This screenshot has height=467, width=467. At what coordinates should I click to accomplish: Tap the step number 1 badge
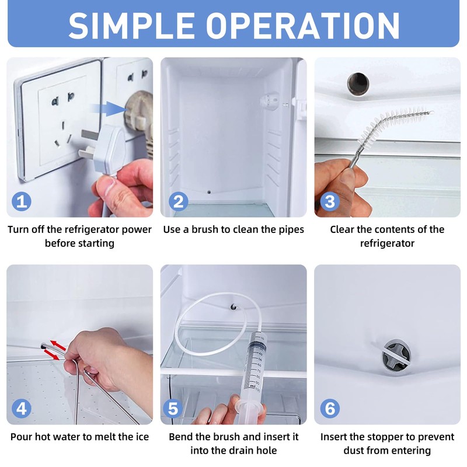pyautogui.click(x=22, y=202)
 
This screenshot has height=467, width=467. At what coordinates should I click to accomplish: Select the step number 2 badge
pyautogui.click(x=177, y=202)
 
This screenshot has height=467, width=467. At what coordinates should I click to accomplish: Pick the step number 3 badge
pyautogui.click(x=330, y=202)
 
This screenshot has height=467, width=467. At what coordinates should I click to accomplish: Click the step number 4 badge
pyautogui.click(x=22, y=409)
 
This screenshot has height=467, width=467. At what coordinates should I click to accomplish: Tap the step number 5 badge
pyautogui.click(x=173, y=409)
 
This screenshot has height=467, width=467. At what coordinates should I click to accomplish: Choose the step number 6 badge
pyautogui.click(x=330, y=409)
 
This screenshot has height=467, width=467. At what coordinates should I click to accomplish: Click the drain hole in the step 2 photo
pyautogui.click(x=209, y=191)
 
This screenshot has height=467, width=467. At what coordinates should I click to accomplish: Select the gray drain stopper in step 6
pyautogui.click(x=395, y=355)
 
